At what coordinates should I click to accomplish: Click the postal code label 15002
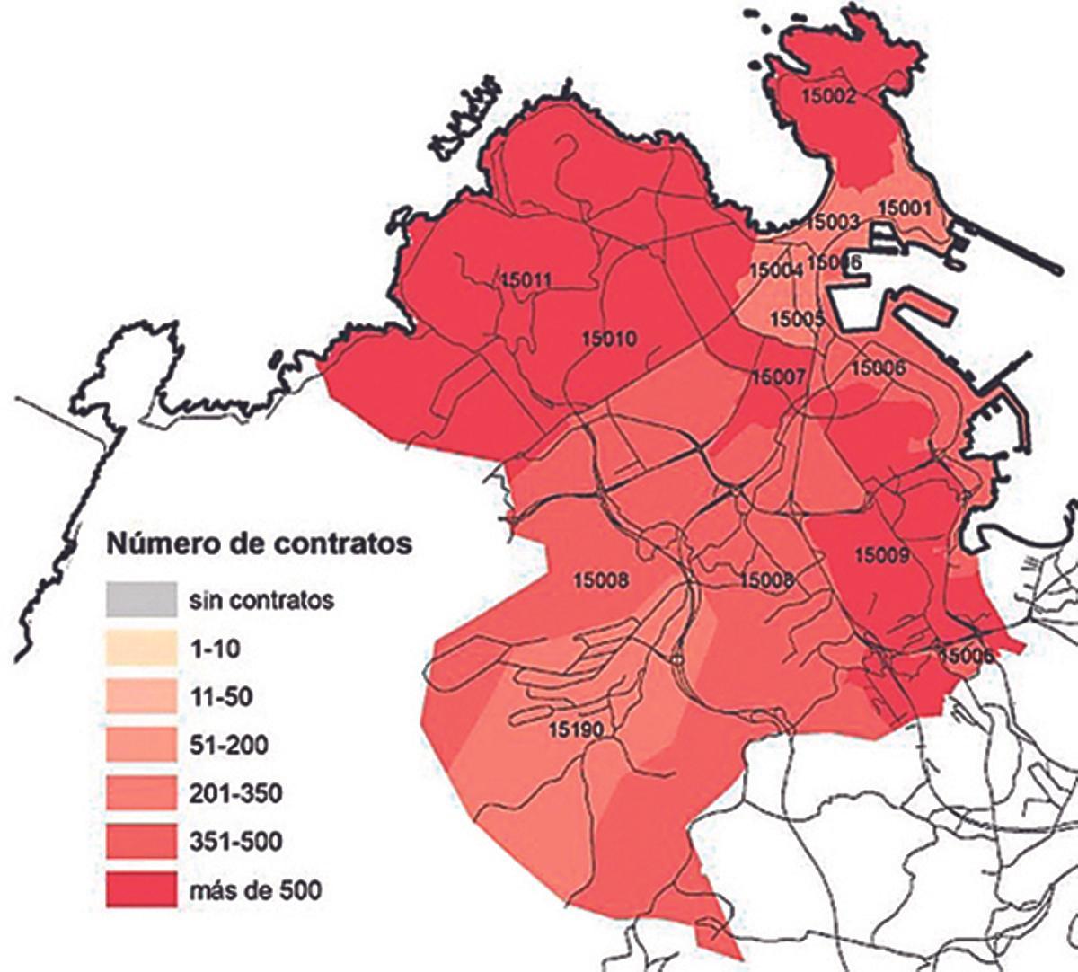826,98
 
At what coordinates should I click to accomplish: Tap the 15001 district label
906,208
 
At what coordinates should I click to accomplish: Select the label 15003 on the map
834,222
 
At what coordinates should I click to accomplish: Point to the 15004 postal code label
775,270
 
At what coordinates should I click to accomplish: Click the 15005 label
797,319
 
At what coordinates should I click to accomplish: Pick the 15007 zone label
779,377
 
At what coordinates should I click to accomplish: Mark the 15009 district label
881,555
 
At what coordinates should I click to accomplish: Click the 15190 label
576,729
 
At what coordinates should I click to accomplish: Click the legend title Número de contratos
260,543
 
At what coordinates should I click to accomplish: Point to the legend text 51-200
229,745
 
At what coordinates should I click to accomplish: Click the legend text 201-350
235,793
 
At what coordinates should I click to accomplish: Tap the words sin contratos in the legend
261,599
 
